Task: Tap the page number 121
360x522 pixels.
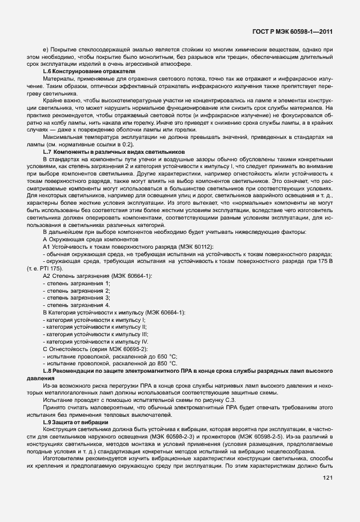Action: pyautogui.click(x=328, y=493)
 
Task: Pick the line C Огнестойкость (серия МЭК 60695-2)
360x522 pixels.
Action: pyautogui.click(x=95, y=348)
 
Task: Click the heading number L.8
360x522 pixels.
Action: pyautogui.click(x=48, y=371)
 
